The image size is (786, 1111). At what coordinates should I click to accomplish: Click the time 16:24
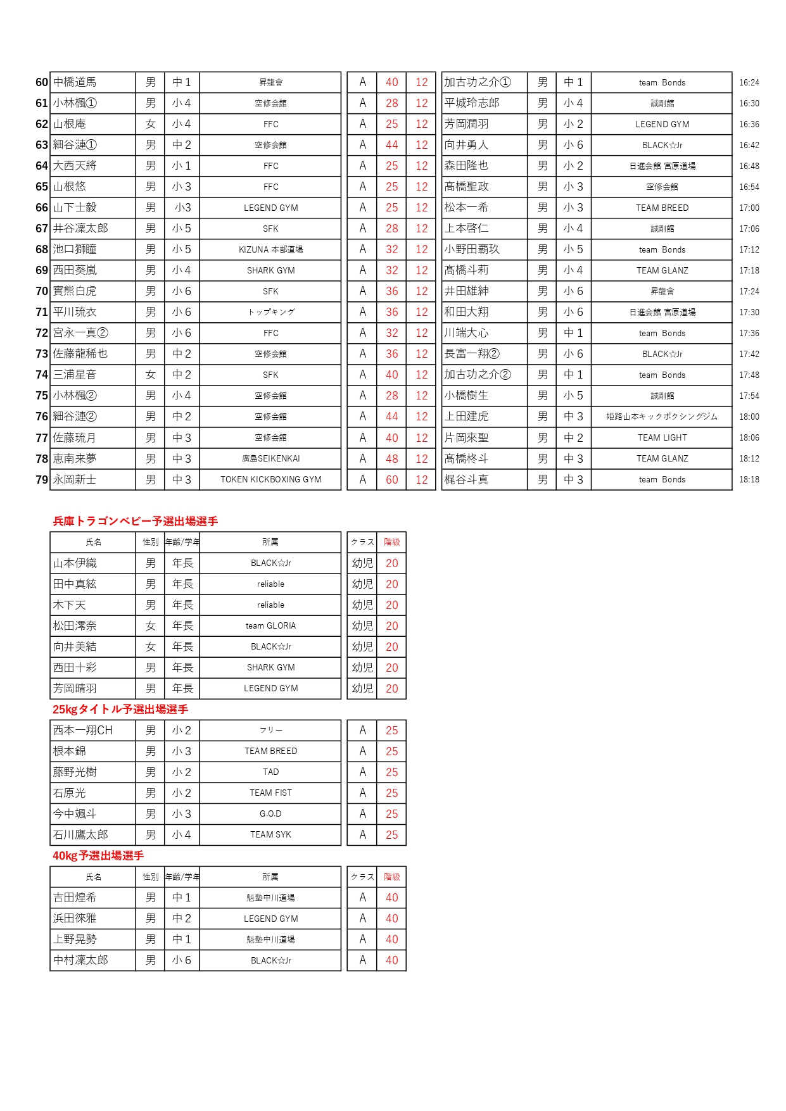point(749,82)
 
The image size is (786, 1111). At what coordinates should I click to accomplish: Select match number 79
point(42,480)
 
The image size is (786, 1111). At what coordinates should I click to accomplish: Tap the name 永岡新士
point(75,480)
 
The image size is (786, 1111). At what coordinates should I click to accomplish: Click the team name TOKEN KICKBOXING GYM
point(270,480)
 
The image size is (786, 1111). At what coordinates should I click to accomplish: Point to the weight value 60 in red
point(391,480)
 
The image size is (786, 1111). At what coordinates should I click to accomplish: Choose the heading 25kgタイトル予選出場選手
point(120,710)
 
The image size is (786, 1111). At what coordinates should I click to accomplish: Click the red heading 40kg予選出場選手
point(98,856)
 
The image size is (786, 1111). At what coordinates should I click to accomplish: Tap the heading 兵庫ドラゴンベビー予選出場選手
point(136,522)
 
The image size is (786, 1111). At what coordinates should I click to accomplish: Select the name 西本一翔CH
point(83,731)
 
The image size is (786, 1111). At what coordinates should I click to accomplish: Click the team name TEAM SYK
point(270,835)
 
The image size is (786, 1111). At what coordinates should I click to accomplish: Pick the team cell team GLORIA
point(270,626)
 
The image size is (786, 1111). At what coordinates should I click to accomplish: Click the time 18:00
point(749,417)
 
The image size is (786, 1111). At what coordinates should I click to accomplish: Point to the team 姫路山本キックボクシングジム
point(662,417)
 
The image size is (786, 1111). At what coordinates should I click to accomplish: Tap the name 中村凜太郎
point(80,960)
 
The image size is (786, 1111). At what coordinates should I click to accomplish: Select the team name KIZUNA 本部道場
point(270,249)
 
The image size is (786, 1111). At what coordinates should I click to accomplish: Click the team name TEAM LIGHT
point(662,437)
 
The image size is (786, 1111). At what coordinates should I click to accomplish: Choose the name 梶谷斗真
point(466,480)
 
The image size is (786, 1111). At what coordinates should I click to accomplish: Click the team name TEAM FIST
point(270,793)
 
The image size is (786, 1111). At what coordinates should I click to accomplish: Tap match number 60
point(42,82)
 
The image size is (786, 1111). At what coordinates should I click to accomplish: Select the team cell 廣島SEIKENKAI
point(270,459)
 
